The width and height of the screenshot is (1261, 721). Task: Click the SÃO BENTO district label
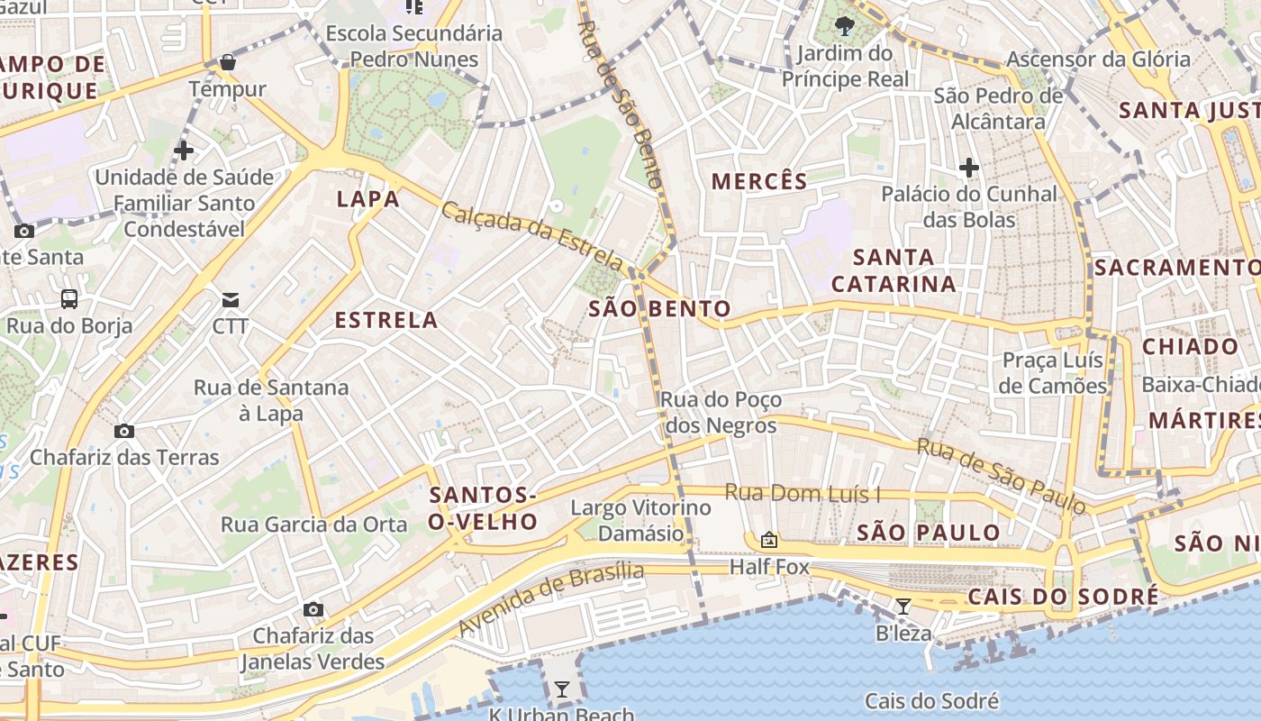(659, 309)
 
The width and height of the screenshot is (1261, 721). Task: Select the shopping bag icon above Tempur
(228, 62)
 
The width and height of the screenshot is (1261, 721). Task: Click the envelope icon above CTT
(231, 299)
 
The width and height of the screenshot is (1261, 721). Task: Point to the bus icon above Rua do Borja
(69, 299)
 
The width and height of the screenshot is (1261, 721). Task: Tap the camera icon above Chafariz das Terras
(124, 431)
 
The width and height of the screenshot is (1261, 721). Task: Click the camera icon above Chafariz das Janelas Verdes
(313, 609)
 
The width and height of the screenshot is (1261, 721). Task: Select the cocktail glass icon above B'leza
(903, 606)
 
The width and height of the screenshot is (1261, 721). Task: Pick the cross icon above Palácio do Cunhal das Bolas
(969, 168)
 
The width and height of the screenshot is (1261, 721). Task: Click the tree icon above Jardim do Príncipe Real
(844, 25)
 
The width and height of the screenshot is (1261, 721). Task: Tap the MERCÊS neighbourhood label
(759, 181)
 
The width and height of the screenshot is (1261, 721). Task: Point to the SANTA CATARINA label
(894, 270)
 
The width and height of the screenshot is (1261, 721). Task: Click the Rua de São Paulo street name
(1002, 476)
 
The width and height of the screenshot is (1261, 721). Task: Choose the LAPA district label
(367, 199)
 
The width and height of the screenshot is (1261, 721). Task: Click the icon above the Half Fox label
(768, 540)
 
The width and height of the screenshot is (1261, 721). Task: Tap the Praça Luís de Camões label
(1053, 373)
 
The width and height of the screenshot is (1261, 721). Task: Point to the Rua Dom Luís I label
(803, 493)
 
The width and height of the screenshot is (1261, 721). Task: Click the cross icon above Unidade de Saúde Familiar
(184, 150)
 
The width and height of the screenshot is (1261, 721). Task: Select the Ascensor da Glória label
(1098, 59)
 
